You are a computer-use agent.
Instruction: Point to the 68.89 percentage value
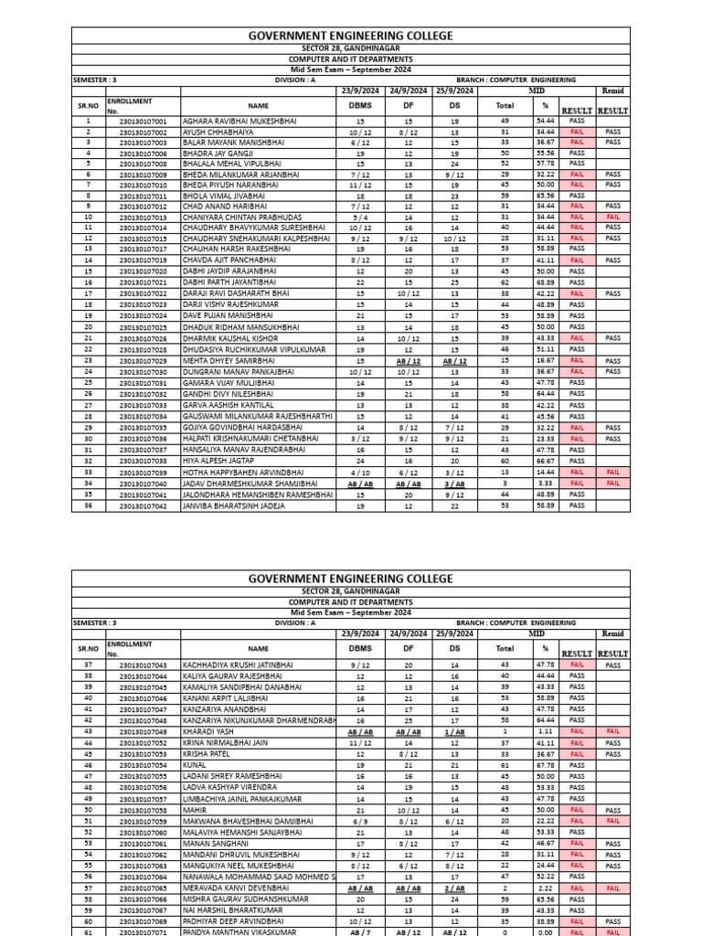[546, 283]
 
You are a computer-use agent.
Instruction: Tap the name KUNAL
[195, 764]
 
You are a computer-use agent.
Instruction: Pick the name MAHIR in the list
[196, 809]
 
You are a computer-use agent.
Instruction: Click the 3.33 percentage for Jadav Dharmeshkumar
[546, 484]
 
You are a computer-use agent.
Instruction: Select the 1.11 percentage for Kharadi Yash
[546, 731]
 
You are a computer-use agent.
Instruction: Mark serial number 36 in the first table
[89, 505]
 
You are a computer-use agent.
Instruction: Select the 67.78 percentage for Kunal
[546, 764]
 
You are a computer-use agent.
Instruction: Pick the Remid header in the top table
[612, 91]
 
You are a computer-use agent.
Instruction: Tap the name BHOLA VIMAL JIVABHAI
[225, 196]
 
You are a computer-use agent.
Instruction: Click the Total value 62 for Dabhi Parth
[505, 283]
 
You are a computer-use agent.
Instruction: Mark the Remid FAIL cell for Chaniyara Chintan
[612, 218]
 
